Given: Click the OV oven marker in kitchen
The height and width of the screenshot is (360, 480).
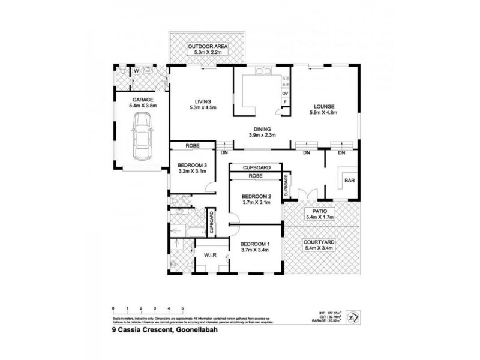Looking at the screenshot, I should click(x=285, y=94).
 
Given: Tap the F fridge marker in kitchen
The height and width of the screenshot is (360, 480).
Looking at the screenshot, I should click(x=285, y=103).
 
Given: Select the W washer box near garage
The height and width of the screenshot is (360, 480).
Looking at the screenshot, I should click(x=136, y=71).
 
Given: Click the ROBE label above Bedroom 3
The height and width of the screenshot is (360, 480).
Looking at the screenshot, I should click(x=192, y=145).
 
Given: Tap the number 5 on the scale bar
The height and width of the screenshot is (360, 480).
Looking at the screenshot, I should click(x=183, y=307).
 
